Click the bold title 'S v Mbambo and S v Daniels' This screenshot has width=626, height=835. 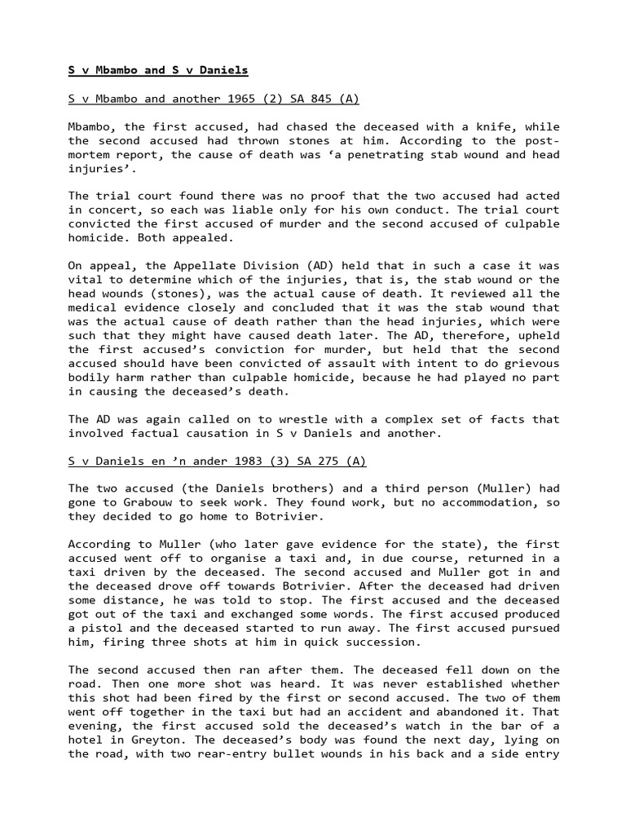tap(158, 70)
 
